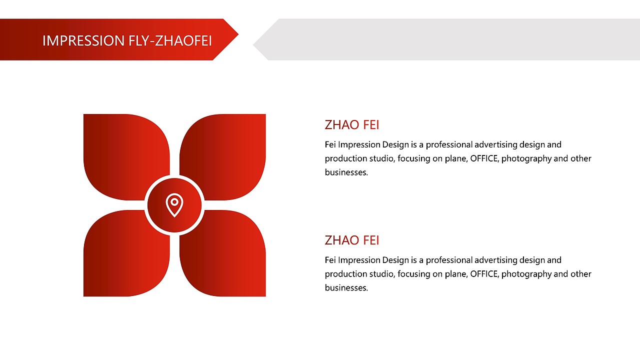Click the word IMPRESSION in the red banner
pyautogui.click(x=83, y=40)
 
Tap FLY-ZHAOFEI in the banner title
pyautogui.click(x=170, y=40)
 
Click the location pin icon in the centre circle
pyautogui.click(x=174, y=205)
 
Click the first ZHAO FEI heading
pyautogui.click(x=352, y=125)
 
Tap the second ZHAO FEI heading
pyautogui.click(x=352, y=240)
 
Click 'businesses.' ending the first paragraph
pyautogui.click(x=346, y=172)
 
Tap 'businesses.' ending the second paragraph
pyautogui.click(x=346, y=287)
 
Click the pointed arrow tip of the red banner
pyautogui.click(x=238, y=35)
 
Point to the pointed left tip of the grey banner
pyautogui.click(x=253, y=44)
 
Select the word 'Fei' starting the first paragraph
pyautogui.click(x=330, y=145)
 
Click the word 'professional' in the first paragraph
pyautogui.click(x=449, y=145)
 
